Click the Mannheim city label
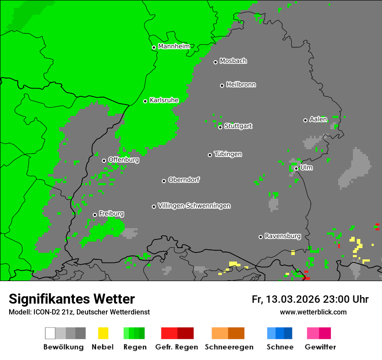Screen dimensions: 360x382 click(174, 46)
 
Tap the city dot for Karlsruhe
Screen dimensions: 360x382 click(145, 101)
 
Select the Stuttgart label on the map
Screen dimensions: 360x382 click(238, 126)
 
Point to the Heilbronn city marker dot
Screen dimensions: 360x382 click(222, 85)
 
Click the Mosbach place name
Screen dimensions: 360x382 click(233, 61)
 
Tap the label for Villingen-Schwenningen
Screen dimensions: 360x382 click(194, 206)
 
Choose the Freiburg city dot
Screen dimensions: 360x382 click(95, 215)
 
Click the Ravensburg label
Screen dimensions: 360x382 click(283, 236)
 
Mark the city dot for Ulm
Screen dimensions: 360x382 click(296, 168)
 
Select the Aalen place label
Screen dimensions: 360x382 click(318, 119)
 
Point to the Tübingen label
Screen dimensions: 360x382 click(228, 154)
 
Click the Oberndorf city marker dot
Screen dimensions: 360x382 click(164, 181)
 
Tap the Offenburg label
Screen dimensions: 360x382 click(124, 160)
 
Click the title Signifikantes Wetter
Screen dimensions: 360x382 click(72, 299)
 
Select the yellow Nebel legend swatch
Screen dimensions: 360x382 click(103, 333)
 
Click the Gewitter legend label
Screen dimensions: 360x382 click(320, 347)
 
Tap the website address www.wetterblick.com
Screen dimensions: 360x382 click(313, 312)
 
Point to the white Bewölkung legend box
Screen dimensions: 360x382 click(50, 333)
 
